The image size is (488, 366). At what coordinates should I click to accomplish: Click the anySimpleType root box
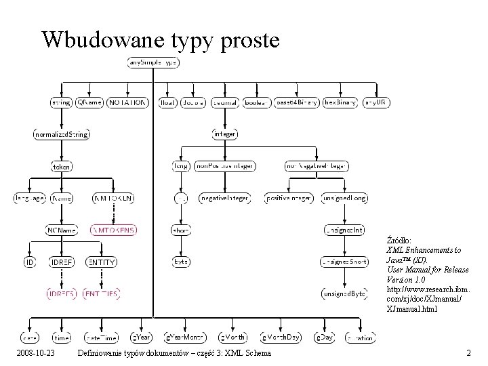coord(152,62)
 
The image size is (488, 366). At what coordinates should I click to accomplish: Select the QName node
coord(89,102)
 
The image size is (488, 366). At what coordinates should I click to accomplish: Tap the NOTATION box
coord(127,102)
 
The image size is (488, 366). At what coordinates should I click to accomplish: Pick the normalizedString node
coord(61,134)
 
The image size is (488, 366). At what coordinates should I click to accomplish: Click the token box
coord(61,165)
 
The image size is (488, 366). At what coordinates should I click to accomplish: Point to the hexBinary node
coord(339,102)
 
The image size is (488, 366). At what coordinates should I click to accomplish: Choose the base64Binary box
coord(297,102)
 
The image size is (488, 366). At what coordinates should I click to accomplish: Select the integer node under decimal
coord(224,134)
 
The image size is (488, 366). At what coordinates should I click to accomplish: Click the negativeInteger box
coord(224,198)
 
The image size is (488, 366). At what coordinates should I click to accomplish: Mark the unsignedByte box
coord(344,293)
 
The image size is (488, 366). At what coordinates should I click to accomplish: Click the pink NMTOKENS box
coord(114,230)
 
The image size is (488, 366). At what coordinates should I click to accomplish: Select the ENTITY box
coord(101,262)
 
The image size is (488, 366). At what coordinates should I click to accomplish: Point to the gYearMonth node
coord(184,337)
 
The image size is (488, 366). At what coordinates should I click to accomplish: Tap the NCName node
coord(61,230)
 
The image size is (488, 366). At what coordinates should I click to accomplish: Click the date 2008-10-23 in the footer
coord(37,353)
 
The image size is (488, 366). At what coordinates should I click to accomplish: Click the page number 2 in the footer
coord(468,353)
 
